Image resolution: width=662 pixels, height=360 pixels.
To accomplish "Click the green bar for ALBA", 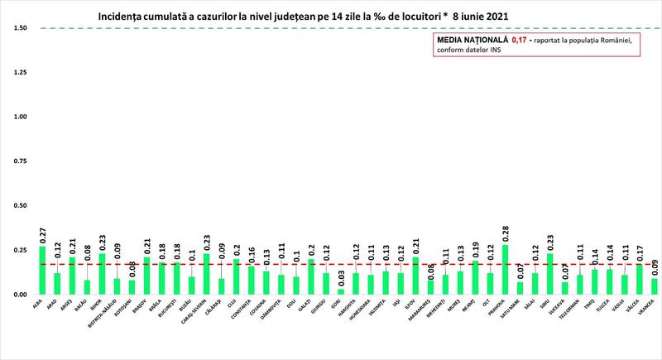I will pos(42,271).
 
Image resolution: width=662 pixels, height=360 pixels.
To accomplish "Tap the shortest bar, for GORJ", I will pos(340,291).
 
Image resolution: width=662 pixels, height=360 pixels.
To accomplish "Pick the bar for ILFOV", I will pos(416,276).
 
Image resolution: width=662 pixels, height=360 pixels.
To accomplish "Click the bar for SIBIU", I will pos(550,274).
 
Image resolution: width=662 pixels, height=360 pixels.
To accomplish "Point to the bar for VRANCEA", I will pos(655,286).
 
